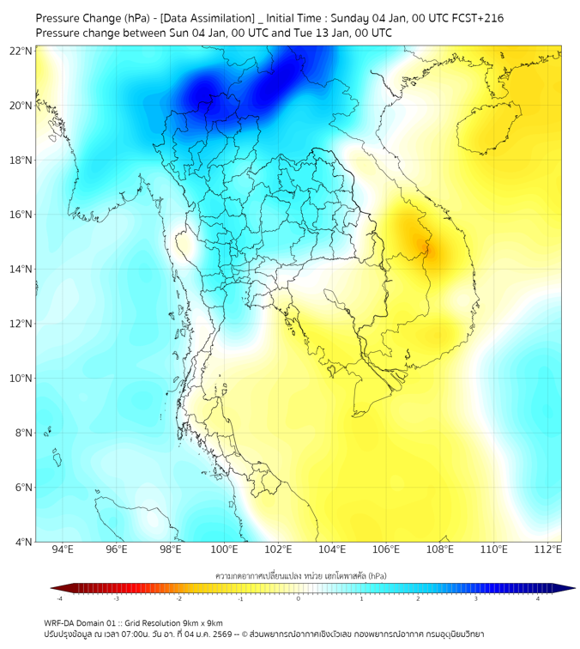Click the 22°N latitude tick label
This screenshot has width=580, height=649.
tap(21, 52)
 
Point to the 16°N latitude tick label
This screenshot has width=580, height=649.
tap(21, 215)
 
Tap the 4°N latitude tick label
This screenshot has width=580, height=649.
tap(24, 542)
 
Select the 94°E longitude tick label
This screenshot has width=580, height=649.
tap(63, 549)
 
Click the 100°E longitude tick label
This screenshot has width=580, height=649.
tap(225, 549)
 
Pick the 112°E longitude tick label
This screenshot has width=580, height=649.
tap(548, 549)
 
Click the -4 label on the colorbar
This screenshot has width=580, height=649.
tap(59, 598)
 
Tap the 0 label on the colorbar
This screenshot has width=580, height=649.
tap(299, 598)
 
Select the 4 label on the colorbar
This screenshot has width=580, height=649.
tap(539, 598)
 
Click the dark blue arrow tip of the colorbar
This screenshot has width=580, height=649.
tap(569, 588)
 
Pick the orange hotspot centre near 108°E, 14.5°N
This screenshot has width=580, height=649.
tap(426, 249)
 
